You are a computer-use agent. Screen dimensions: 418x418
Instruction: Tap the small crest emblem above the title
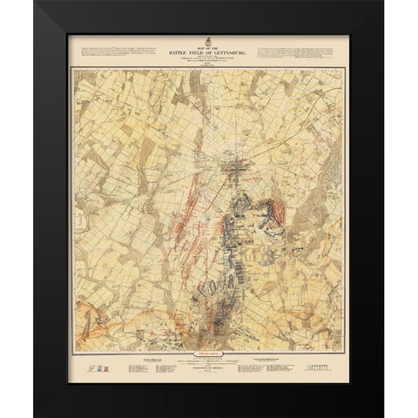209,42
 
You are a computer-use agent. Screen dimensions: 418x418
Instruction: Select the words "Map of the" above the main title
209,47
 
